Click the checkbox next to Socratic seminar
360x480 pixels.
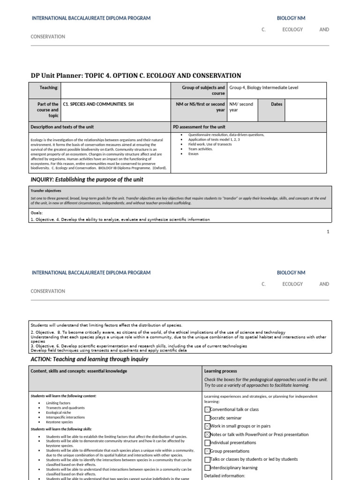tap(207, 418)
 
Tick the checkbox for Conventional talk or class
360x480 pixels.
tap(207, 409)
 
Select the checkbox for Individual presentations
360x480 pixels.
tap(207, 442)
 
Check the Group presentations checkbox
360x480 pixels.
tap(207, 451)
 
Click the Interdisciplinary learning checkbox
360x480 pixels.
tap(207, 468)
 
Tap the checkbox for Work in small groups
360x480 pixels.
tap(207, 426)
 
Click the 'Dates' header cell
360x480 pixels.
tap(277, 104)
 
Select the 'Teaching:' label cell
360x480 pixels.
tap(49, 88)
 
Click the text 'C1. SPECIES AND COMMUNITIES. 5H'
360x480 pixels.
tap(98, 104)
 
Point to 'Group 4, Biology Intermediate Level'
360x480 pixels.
tap(263, 88)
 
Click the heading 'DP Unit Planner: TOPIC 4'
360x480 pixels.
tap(136, 75)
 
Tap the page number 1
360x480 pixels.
tap(328, 232)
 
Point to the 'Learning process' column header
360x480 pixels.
tap(220, 371)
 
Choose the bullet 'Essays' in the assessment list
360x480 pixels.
tap(194, 154)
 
